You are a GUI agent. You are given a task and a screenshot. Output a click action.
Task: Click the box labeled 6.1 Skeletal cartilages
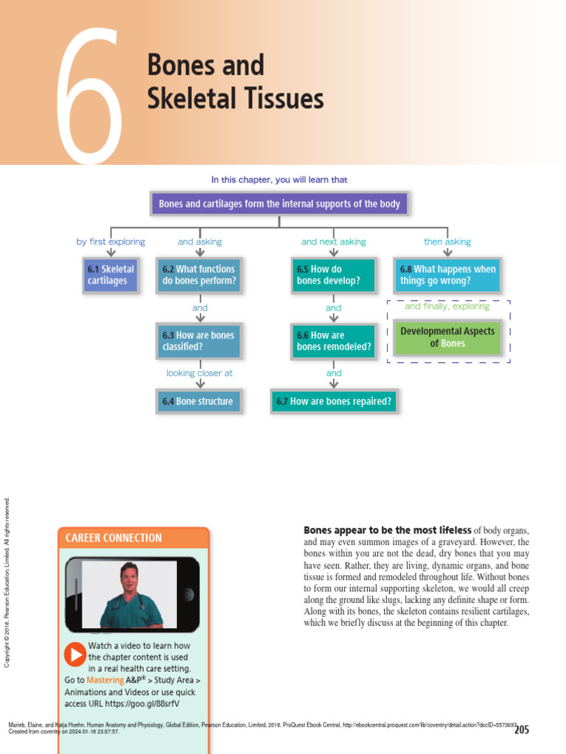click(x=111, y=275)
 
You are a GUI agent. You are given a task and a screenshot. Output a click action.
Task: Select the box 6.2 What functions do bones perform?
click(x=199, y=275)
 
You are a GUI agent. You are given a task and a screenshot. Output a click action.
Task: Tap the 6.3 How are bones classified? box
click(x=198, y=341)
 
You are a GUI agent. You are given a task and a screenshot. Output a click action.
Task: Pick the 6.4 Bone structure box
click(x=198, y=401)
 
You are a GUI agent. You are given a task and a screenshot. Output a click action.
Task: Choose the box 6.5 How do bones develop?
click(x=333, y=275)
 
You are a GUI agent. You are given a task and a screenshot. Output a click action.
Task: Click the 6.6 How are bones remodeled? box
click(x=333, y=341)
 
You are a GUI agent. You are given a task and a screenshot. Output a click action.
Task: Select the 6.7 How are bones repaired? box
click(x=334, y=401)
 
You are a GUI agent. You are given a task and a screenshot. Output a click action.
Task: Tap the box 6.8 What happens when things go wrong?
click(x=447, y=275)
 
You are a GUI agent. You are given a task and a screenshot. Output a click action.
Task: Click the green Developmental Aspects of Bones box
click(x=447, y=337)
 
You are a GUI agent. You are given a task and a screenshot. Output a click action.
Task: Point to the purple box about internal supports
click(x=279, y=204)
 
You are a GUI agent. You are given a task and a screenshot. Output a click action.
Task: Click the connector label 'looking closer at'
click(x=199, y=373)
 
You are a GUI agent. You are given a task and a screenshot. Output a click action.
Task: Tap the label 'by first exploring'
click(x=111, y=242)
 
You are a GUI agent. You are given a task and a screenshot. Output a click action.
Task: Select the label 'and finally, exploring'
click(x=447, y=306)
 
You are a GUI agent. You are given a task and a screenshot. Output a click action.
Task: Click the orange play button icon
click(x=75, y=654)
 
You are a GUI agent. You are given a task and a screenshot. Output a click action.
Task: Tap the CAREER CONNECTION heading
click(x=113, y=538)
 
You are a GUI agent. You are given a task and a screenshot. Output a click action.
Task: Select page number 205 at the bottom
click(x=521, y=730)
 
